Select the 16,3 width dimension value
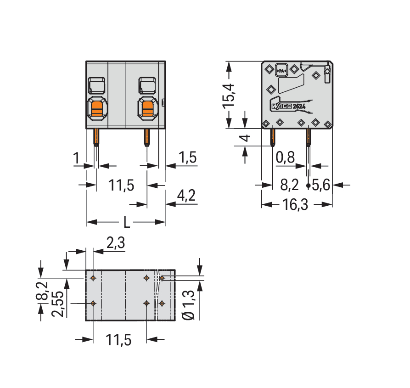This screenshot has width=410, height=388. (295, 205)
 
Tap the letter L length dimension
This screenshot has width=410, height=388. (126, 223)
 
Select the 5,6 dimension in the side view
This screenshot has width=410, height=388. (321, 185)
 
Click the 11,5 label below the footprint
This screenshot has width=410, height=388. (119, 340)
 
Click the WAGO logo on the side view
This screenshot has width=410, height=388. (282, 107)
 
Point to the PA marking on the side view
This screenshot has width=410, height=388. (281, 70)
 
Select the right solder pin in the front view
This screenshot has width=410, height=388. (146, 137)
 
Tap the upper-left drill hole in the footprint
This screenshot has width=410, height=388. (93, 278)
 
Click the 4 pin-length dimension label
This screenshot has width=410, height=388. (246, 138)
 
